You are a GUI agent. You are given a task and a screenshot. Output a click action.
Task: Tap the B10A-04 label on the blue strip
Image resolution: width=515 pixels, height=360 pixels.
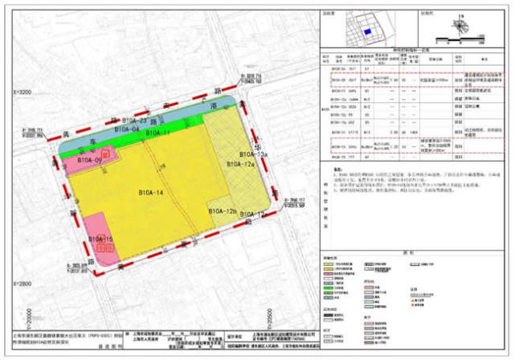[127, 129]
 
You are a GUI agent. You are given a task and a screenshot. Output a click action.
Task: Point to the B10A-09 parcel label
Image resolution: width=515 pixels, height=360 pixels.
[90, 161]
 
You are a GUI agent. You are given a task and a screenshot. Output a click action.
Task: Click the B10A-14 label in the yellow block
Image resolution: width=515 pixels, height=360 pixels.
[150, 193]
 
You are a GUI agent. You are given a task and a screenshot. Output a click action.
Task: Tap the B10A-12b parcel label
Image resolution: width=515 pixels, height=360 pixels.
[222, 211]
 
